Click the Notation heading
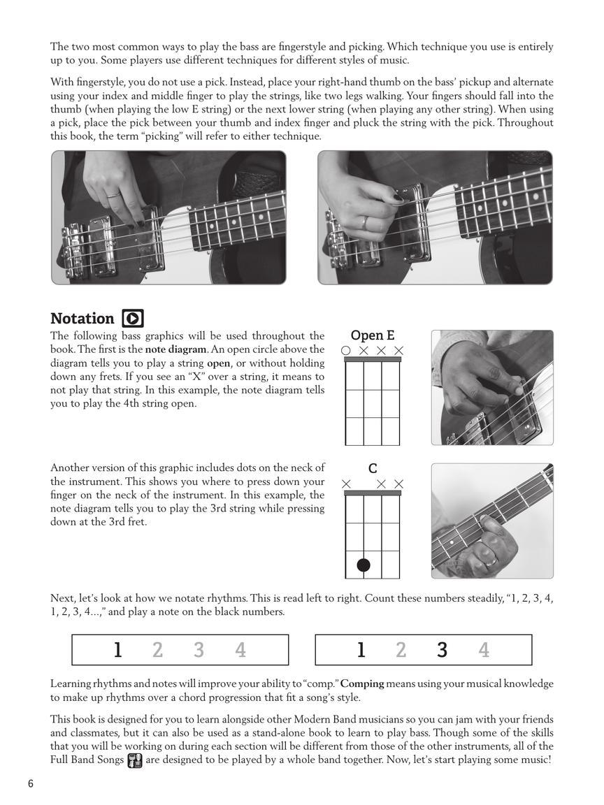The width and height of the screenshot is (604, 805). [x=82, y=319]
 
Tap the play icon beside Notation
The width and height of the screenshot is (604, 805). [x=133, y=319]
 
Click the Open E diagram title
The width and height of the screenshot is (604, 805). [x=372, y=335]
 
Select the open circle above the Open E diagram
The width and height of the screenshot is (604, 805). [x=345, y=350]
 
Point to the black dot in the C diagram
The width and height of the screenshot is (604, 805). [x=364, y=565]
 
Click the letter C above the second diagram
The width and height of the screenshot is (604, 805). [x=373, y=469]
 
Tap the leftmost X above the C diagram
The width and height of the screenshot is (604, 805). [x=346, y=484]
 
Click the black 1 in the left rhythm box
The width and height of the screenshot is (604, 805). [x=117, y=651]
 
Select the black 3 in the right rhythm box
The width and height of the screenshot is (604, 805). [x=442, y=651]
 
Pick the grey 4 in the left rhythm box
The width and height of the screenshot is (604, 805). [x=240, y=651]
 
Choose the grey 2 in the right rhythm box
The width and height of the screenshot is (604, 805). [x=401, y=651]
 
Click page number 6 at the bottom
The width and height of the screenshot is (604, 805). [x=31, y=783]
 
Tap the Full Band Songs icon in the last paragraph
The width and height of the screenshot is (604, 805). [x=135, y=760]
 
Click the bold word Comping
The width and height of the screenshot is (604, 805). [x=363, y=683]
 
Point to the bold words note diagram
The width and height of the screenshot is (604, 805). [x=175, y=349]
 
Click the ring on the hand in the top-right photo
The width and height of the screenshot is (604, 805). [x=365, y=222]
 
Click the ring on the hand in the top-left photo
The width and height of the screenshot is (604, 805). [x=112, y=196]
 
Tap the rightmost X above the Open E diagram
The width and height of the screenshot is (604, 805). [x=399, y=350]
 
